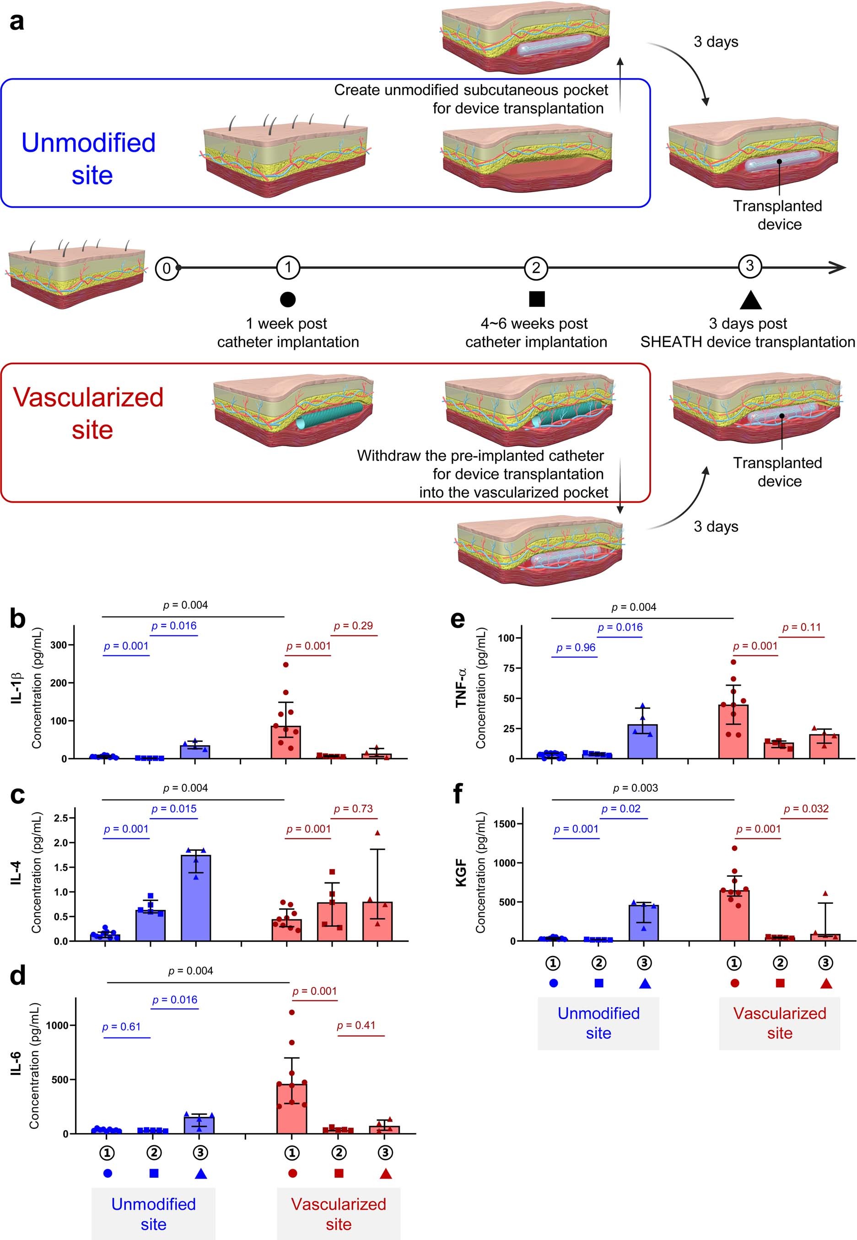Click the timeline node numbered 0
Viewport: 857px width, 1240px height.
point(167,268)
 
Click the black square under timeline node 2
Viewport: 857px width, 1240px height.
point(536,299)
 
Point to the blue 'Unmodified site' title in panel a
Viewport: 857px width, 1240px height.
point(89,159)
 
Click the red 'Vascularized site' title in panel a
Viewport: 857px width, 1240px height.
point(89,413)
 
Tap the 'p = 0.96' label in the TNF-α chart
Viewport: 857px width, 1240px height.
point(576,647)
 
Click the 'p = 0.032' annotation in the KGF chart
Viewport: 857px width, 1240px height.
point(805,808)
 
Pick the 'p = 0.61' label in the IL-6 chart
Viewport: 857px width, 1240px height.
point(121,1026)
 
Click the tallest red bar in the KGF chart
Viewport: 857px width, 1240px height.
point(734,915)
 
